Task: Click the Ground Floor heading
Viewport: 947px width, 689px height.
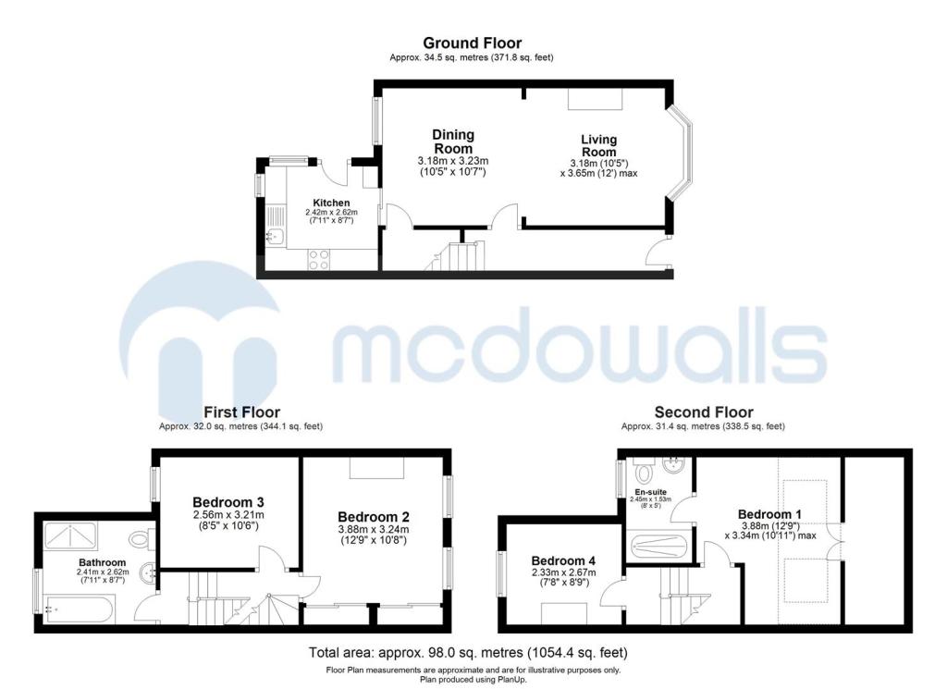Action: tap(472, 43)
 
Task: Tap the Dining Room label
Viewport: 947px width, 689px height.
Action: tap(453, 141)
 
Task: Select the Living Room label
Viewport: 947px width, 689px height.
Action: tap(598, 145)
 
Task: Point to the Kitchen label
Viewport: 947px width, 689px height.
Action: tap(331, 203)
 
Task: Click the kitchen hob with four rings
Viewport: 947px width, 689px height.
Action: tap(318, 259)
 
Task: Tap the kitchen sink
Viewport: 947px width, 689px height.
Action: tap(276, 236)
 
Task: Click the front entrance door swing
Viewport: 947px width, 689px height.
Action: tap(658, 252)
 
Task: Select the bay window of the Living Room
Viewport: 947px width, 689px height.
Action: tap(682, 154)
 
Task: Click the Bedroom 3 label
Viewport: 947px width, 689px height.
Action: tap(228, 502)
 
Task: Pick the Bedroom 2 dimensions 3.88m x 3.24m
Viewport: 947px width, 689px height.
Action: tap(374, 530)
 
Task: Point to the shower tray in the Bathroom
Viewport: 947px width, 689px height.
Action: tap(69, 535)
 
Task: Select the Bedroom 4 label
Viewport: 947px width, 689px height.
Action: tap(563, 561)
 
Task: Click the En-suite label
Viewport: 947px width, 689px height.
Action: tap(650, 492)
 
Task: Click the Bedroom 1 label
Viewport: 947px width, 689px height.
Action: tap(770, 514)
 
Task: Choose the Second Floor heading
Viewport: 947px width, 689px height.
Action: tap(704, 412)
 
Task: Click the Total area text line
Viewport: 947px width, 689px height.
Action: tap(468, 653)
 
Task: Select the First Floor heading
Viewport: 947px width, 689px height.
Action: tap(241, 412)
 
